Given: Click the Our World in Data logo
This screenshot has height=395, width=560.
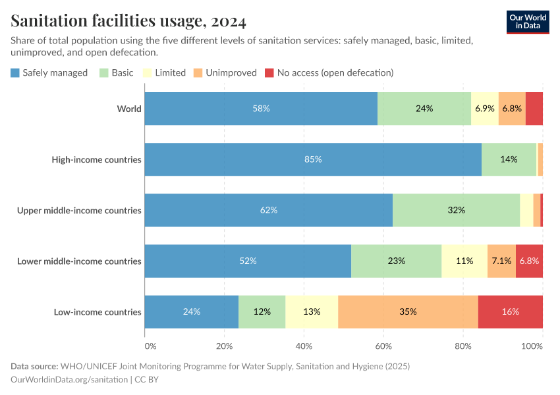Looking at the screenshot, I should [x=527, y=22].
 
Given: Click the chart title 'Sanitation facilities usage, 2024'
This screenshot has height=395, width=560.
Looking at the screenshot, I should [x=128, y=22].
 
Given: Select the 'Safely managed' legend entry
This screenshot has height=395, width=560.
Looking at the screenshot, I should [x=49, y=72].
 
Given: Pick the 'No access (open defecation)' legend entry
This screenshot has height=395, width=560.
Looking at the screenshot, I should [x=329, y=72].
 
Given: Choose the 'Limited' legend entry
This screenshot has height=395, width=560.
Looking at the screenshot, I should [x=164, y=72].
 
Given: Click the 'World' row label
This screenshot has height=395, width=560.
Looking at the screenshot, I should [x=129, y=109].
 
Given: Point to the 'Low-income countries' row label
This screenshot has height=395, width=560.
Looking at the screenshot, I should [x=98, y=311].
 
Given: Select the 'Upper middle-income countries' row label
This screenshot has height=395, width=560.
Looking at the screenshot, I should [x=79, y=210].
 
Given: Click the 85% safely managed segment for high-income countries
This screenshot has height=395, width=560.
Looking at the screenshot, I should [x=313, y=159].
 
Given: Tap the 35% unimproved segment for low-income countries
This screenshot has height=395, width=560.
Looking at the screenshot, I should [x=408, y=311].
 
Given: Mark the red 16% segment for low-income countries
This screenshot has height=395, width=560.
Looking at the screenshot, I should [x=510, y=311].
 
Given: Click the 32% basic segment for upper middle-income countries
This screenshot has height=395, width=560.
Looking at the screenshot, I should [x=456, y=210].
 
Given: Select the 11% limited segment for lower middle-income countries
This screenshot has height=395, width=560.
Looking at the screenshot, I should [x=464, y=261].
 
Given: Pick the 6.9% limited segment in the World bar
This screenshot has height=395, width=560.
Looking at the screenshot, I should [x=485, y=109].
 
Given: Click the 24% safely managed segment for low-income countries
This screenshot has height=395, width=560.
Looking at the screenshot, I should [x=192, y=311].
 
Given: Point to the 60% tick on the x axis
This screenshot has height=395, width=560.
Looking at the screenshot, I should [x=383, y=346].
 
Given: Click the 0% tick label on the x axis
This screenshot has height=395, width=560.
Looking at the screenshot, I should [x=150, y=346].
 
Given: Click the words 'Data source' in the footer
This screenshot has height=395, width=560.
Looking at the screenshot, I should [x=34, y=366].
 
